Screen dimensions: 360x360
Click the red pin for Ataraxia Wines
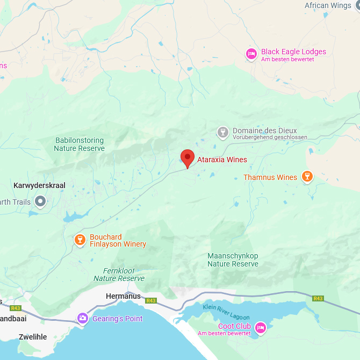coord(187,158)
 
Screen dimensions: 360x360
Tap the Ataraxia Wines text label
coord(222,160)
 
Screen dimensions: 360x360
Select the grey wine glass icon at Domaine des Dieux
coord(222,132)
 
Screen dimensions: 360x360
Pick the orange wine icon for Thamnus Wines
coord(307,176)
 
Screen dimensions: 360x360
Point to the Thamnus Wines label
coord(270,177)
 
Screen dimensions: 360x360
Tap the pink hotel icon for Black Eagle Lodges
coord(251,54)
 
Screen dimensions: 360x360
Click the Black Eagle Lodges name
coord(293,52)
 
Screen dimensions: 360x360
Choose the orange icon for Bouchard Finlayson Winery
coord(80,240)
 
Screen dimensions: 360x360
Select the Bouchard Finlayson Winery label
coord(117,241)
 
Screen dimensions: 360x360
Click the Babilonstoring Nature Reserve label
coord(80,144)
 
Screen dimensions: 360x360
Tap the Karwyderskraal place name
coord(39,185)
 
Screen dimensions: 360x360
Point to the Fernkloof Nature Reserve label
coord(119,275)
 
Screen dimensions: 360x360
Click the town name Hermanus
coord(123,296)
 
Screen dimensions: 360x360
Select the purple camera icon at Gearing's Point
coord(83,318)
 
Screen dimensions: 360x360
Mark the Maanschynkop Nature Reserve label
coord(233,260)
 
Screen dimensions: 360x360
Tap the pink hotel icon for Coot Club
coord(261,328)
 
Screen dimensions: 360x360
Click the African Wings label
coord(328,6)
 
